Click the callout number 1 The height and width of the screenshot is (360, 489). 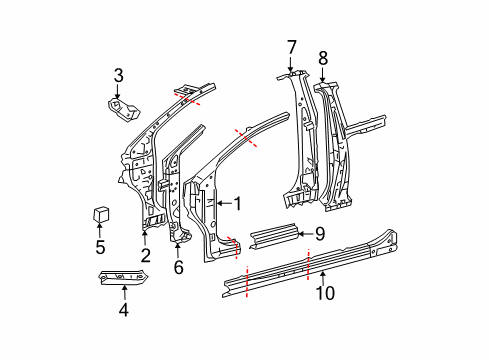point(238,203)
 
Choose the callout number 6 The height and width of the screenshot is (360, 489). point(179,267)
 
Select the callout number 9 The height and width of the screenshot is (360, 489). point(319,234)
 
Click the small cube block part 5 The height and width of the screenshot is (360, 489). point(100,214)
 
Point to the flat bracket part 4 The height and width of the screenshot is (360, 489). point(125,277)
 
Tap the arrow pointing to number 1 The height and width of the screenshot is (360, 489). point(222,203)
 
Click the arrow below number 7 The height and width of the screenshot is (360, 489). point(292,62)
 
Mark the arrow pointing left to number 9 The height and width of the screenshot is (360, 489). point(304,234)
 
